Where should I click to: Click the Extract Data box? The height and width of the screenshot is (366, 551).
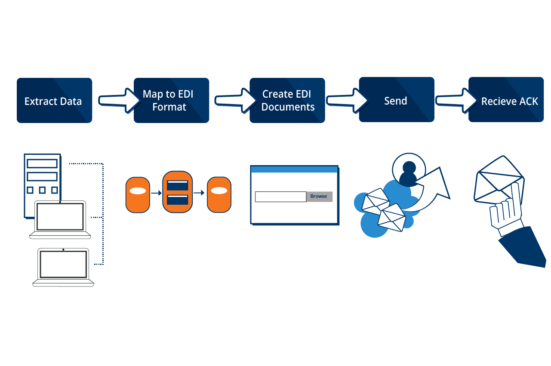[x=54, y=101]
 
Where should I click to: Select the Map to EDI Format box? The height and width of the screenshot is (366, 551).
[x=171, y=101]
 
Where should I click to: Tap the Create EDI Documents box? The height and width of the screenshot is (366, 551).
[x=287, y=101]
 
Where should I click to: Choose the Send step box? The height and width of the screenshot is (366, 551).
[x=396, y=101]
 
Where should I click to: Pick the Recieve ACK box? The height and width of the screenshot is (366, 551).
[x=506, y=101]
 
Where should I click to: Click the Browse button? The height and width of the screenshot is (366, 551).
[x=319, y=197]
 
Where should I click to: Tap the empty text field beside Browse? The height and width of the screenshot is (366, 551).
[x=280, y=197]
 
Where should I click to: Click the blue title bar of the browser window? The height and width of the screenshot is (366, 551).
[x=294, y=169]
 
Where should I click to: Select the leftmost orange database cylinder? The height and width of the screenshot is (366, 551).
[x=138, y=195]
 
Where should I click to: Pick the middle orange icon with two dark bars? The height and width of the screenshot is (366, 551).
[x=177, y=192]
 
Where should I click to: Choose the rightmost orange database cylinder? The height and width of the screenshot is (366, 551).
[x=219, y=195]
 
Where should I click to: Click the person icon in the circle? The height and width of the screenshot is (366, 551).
[x=408, y=172]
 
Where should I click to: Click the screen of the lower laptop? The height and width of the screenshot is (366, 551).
[x=63, y=264]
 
